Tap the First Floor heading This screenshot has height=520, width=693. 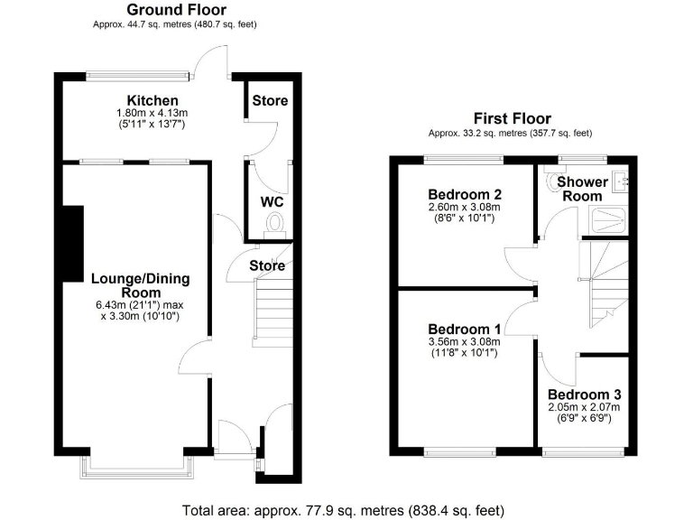[x=513, y=118]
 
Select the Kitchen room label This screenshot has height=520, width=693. [x=152, y=99]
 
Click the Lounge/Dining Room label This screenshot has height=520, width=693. [x=139, y=285]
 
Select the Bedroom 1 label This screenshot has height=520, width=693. [x=464, y=328]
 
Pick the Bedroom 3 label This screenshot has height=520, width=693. [x=584, y=395]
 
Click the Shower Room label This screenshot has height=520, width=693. [x=582, y=189]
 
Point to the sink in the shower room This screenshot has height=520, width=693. [x=619, y=181]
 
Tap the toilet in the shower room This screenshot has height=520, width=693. [x=552, y=180]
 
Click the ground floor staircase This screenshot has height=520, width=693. [x=271, y=307]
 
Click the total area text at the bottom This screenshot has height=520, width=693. [x=346, y=509]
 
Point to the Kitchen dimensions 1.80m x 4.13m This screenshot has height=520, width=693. [x=152, y=113]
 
